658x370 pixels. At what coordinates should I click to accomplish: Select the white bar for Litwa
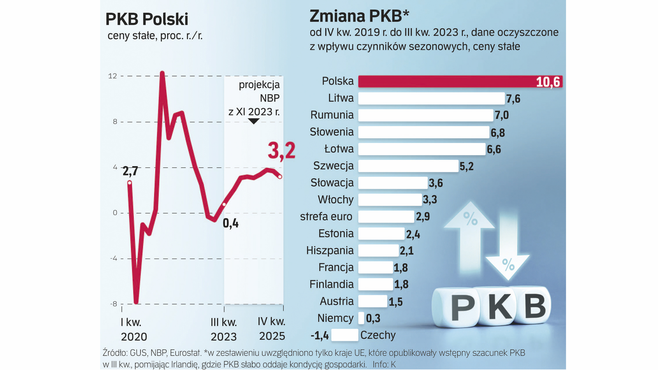[x=431, y=98]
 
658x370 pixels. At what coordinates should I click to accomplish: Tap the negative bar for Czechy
[x=344, y=335]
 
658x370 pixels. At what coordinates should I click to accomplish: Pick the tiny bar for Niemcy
[x=361, y=318]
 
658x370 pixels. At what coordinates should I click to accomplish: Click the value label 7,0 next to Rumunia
[x=501, y=115]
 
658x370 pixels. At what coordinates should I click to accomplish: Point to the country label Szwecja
[x=333, y=166]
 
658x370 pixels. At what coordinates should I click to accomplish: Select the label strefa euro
[x=326, y=217]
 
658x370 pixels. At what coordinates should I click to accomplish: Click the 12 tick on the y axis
[x=112, y=76]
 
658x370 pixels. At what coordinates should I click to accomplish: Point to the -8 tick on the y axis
[x=113, y=304]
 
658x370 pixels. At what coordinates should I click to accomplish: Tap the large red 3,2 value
[x=281, y=151]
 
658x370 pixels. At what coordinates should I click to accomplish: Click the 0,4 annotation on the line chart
[x=231, y=223]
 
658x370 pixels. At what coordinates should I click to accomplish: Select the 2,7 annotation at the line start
[x=130, y=171]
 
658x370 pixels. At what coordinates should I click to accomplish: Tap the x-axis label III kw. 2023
[x=224, y=329]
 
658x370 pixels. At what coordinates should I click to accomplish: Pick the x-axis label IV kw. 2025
[x=272, y=329]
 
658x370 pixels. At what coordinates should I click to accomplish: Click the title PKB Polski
[x=147, y=19]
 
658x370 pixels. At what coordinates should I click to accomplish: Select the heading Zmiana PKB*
[x=359, y=16]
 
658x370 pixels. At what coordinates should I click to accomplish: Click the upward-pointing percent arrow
[x=470, y=233]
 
